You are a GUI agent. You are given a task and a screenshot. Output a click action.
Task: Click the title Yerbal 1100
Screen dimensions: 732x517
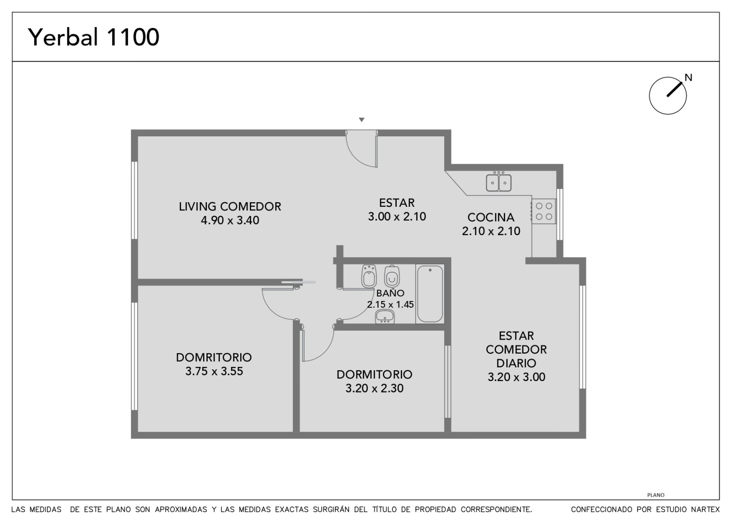(x=93, y=37)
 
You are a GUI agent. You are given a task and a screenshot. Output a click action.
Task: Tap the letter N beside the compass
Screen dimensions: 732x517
(x=689, y=77)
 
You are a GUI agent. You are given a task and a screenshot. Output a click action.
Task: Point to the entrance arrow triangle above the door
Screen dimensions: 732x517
(x=361, y=119)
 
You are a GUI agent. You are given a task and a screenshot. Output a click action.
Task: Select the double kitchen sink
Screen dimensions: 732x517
(x=499, y=183)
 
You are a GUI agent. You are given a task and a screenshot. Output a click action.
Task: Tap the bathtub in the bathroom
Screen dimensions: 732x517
(x=430, y=294)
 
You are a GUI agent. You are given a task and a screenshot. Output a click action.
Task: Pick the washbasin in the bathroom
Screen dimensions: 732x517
(x=385, y=316)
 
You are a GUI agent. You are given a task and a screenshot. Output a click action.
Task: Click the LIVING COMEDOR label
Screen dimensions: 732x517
(x=230, y=206)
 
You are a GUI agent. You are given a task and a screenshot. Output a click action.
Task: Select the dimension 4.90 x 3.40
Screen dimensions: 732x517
(x=230, y=220)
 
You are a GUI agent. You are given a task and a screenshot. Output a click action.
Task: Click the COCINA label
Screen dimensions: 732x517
(x=491, y=217)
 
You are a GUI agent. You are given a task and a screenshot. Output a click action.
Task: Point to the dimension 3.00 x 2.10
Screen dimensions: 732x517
(x=397, y=216)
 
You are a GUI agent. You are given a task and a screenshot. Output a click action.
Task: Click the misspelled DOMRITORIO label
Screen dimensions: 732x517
(x=214, y=357)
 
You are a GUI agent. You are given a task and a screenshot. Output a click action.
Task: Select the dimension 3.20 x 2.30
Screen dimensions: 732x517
(x=375, y=388)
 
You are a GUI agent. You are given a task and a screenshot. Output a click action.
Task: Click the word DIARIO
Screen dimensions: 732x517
(x=517, y=363)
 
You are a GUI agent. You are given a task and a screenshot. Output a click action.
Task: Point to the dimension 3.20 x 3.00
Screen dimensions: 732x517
(x=517, y=377)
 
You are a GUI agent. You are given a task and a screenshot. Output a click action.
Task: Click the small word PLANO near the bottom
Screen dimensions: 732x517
(x=656, y=495)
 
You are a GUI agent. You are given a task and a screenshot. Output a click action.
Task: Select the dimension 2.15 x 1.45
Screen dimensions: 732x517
(x=391, y=305)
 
